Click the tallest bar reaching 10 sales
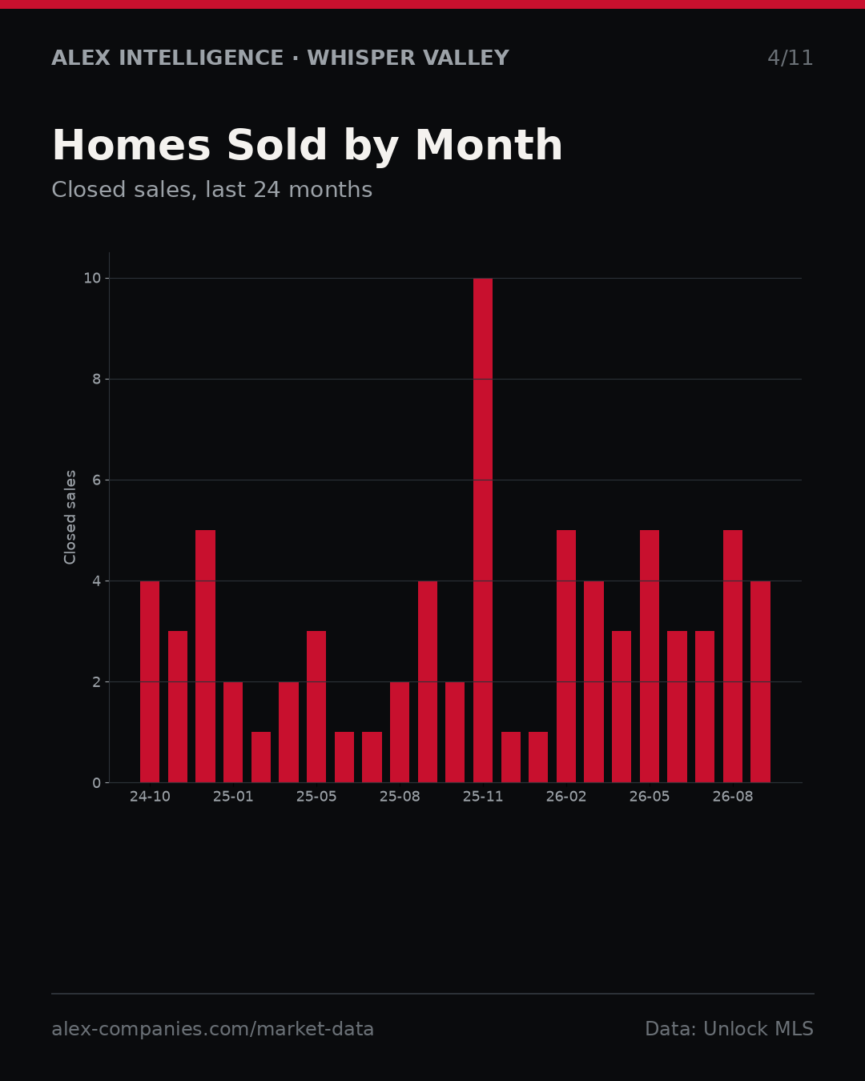tap(482, 530)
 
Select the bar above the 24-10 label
tap(150, 681)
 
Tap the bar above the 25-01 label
tap(233, 732)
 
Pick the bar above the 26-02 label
tap(566, 656)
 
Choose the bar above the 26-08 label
tap(733, 656)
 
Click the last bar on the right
tap(760, 681)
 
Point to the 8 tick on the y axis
tap(96, 380)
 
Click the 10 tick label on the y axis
tap(92, 279)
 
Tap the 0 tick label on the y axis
tap(96, 783)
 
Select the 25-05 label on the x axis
tap(316, 797)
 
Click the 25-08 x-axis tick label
tap(400, 797)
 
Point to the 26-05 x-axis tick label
tap(650, 797)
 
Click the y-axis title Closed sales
tap(70, 517)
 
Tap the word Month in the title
tap(489, 145)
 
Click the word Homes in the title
tap(131, 145)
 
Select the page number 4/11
tap(790, 58)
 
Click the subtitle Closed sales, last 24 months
tap(212, 190)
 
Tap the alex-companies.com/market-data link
tap(212, 1029)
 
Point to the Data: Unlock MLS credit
tap(730, 1029)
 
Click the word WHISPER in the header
tap(361, 58)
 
